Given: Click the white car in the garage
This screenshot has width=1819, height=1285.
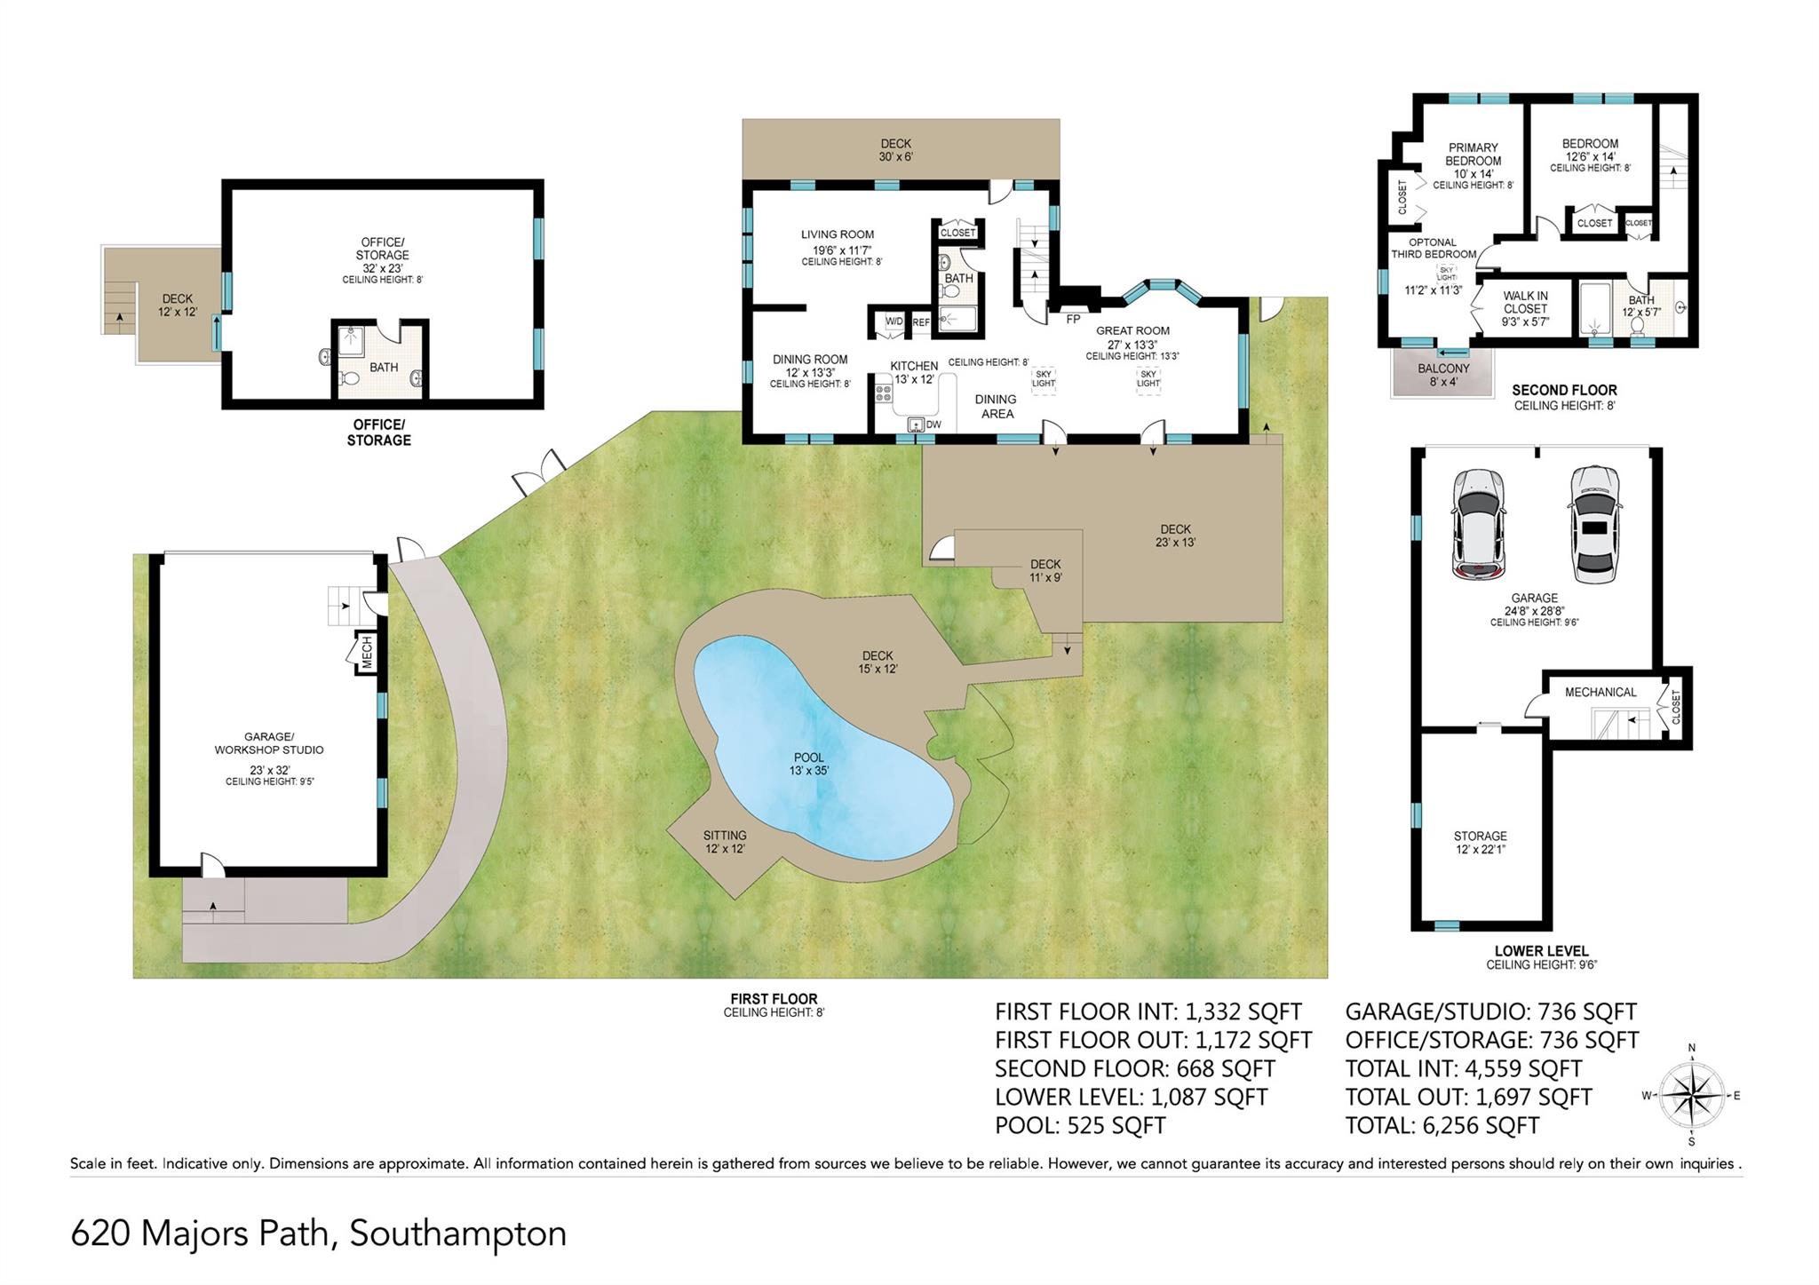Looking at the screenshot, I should click(x=1593, y=524).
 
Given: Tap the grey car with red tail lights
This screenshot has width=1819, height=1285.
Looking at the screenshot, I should click(x=1478, y=524).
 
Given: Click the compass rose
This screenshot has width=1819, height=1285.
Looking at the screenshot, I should click(x=1691, y=1096).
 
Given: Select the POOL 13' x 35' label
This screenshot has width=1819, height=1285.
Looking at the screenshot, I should click(x=808, y=764).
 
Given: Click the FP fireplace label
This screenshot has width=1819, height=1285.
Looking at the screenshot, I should click(x=1073, y=319).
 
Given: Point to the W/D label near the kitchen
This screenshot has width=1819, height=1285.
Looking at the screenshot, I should click(x=894, y=322).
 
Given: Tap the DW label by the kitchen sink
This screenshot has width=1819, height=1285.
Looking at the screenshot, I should click(x=933, y=425).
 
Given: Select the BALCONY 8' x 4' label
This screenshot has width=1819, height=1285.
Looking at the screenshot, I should click(x=1443, y=375).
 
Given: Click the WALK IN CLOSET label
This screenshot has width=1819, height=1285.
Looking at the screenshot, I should click(x=1525, y=308).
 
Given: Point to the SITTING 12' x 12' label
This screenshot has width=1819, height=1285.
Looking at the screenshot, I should click(x=724, y=842).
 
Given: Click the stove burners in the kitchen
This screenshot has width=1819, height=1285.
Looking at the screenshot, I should click(x=884, y=389).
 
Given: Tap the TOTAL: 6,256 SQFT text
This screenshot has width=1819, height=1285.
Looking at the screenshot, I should click(x=1442, y=1125).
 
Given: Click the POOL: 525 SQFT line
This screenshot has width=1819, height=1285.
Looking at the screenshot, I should click(x=1079, y=1125).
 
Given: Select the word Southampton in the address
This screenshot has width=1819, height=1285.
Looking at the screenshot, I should click(x=457, y=1233).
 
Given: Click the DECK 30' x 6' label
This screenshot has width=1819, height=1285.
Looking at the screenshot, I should click(x=895, y=149).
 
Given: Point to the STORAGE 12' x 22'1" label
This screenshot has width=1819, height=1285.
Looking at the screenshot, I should click(x=1480, y=842).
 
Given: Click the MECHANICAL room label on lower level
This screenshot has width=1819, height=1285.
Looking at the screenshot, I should click(x=1600, y=692).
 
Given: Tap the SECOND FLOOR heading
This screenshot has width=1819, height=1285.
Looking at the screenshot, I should click(x=1564, y=390).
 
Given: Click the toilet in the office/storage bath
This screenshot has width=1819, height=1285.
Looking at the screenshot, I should click(x=350, y=379).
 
